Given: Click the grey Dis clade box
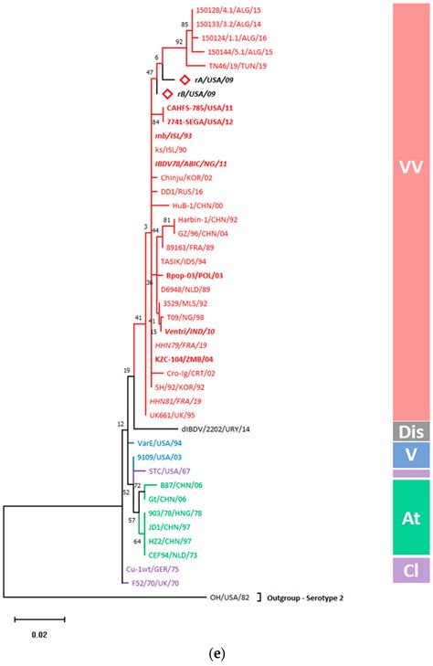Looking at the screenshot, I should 408,430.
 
